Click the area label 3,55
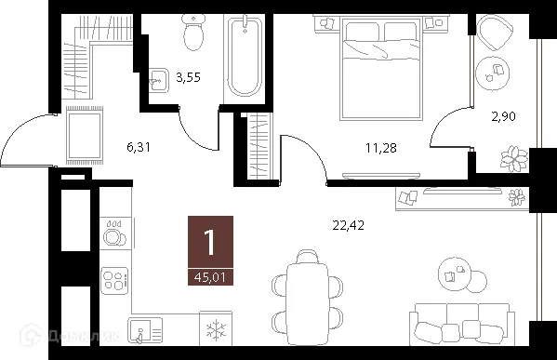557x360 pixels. [190, 79]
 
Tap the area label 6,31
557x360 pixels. [138, 146]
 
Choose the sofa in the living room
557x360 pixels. [462, 326]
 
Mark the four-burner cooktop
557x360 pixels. [114, 280]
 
